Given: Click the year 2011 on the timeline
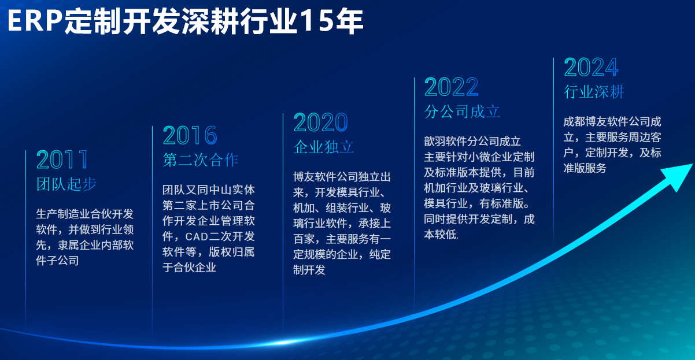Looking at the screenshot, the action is click(x=62, y=159).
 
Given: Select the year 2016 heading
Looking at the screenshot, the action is click(x=190, y=135).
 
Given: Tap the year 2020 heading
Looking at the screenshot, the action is click(x=321, y=123).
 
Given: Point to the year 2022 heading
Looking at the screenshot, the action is click(x=452, y=87).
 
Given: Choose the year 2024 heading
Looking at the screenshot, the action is click(x=591, y=67).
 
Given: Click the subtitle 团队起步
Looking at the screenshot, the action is click(x=66, y=184).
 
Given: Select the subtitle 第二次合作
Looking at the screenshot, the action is click(x=201, y=160).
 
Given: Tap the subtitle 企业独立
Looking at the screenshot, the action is click(x=324, y=147).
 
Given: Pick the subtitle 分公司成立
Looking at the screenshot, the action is click(x=462, y=112).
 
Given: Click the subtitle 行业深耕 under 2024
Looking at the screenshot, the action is click(x=594, y=92).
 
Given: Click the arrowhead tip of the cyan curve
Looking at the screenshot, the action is click(x=692, y=165).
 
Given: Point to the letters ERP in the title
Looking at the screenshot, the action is click(x=35, y=21).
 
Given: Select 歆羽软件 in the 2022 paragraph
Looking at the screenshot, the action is click(x=445, y=142).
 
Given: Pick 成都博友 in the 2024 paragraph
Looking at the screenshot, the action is click(x=585, y=121).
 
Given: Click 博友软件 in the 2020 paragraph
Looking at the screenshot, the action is click(x=315, y=177).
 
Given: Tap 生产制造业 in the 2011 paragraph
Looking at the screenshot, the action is click(x=63, y=214).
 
